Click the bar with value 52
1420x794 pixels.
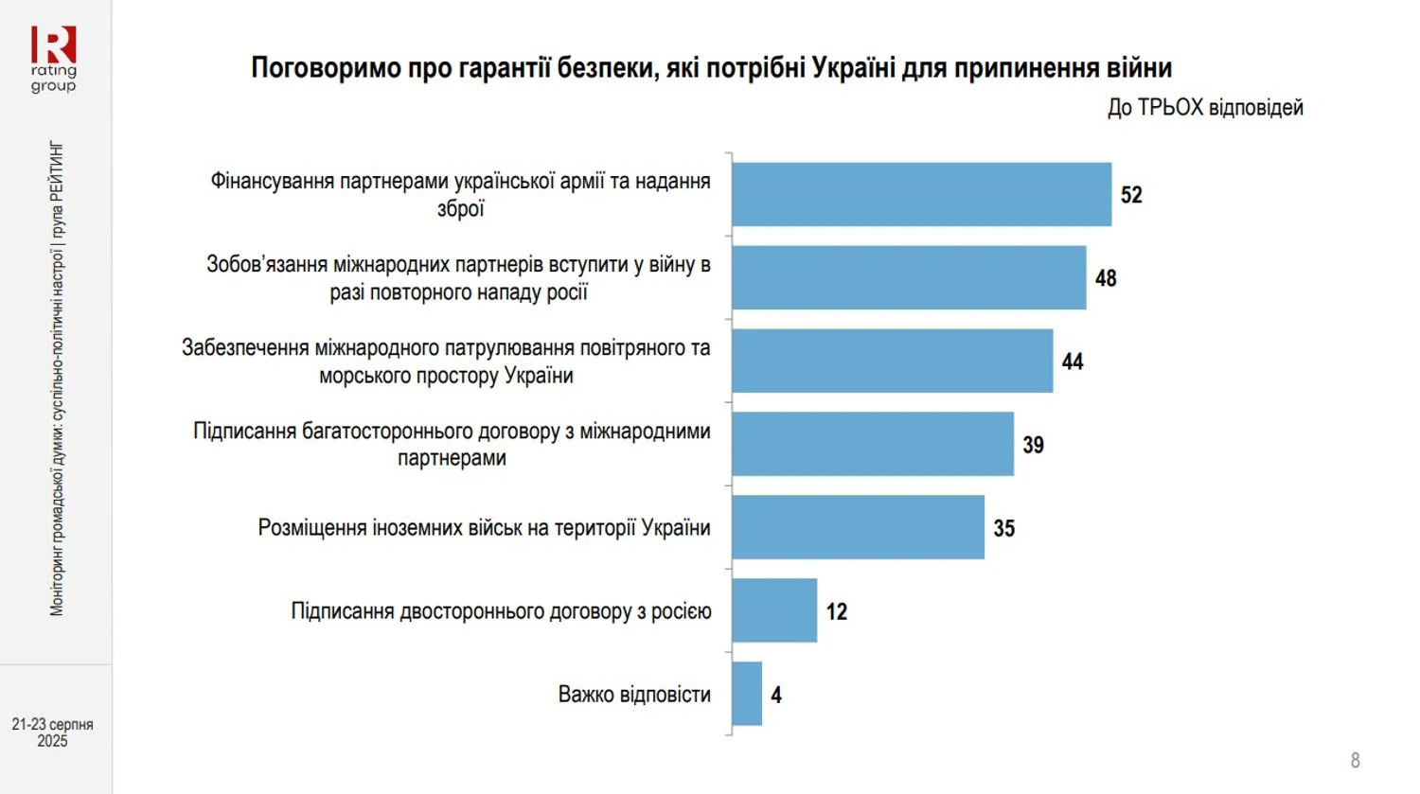(921, 194)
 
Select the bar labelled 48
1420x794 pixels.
(909, 277)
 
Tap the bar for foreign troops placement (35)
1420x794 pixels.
(858, 527)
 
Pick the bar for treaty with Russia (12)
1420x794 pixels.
(774, 610)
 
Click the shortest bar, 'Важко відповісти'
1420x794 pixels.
(747, 694)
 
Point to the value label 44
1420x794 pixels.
(1073, 362)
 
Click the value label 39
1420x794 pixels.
(1033, 445)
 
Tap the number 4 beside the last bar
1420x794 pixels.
(776, 695)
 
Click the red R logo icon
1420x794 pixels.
(53, 44)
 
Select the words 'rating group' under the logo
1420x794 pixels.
(53, 79)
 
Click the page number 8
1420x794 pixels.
(1355, 760)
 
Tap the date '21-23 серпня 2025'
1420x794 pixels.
(52, 732)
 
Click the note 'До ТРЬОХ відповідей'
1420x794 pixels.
(1205, 108)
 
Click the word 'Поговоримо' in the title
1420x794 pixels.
(326, 68)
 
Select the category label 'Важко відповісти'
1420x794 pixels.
(634, 695)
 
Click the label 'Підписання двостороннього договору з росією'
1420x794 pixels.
(501, 611)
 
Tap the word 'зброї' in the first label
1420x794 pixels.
(460, 208)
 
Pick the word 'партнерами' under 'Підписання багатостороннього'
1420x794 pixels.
(452, 458)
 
